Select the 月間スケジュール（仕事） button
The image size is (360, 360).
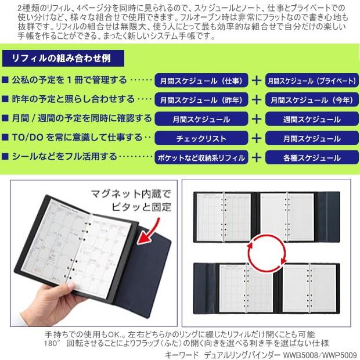[x=201, y=80]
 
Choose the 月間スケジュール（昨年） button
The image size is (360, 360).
[x=201, y=99]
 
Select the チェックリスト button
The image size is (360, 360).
[x=201, y=139]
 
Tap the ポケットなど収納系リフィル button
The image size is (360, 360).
[x=201, y=158]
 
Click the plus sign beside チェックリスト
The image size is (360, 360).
[x=255, y=139]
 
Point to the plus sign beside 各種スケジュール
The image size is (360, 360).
[x=255, y=158]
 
